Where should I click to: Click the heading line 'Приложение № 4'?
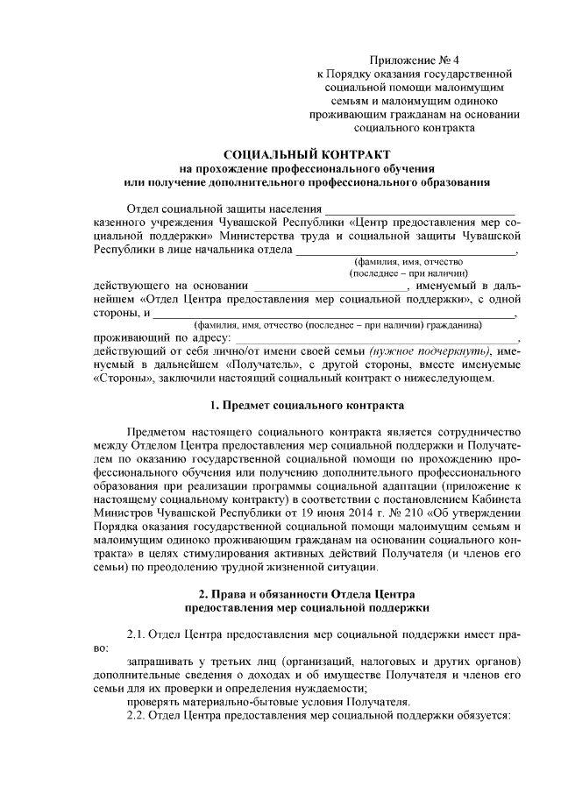pyautogui.click(x=415, y=60)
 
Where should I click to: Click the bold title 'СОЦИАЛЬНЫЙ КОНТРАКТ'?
pyautogui.click(x=305, y=154)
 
